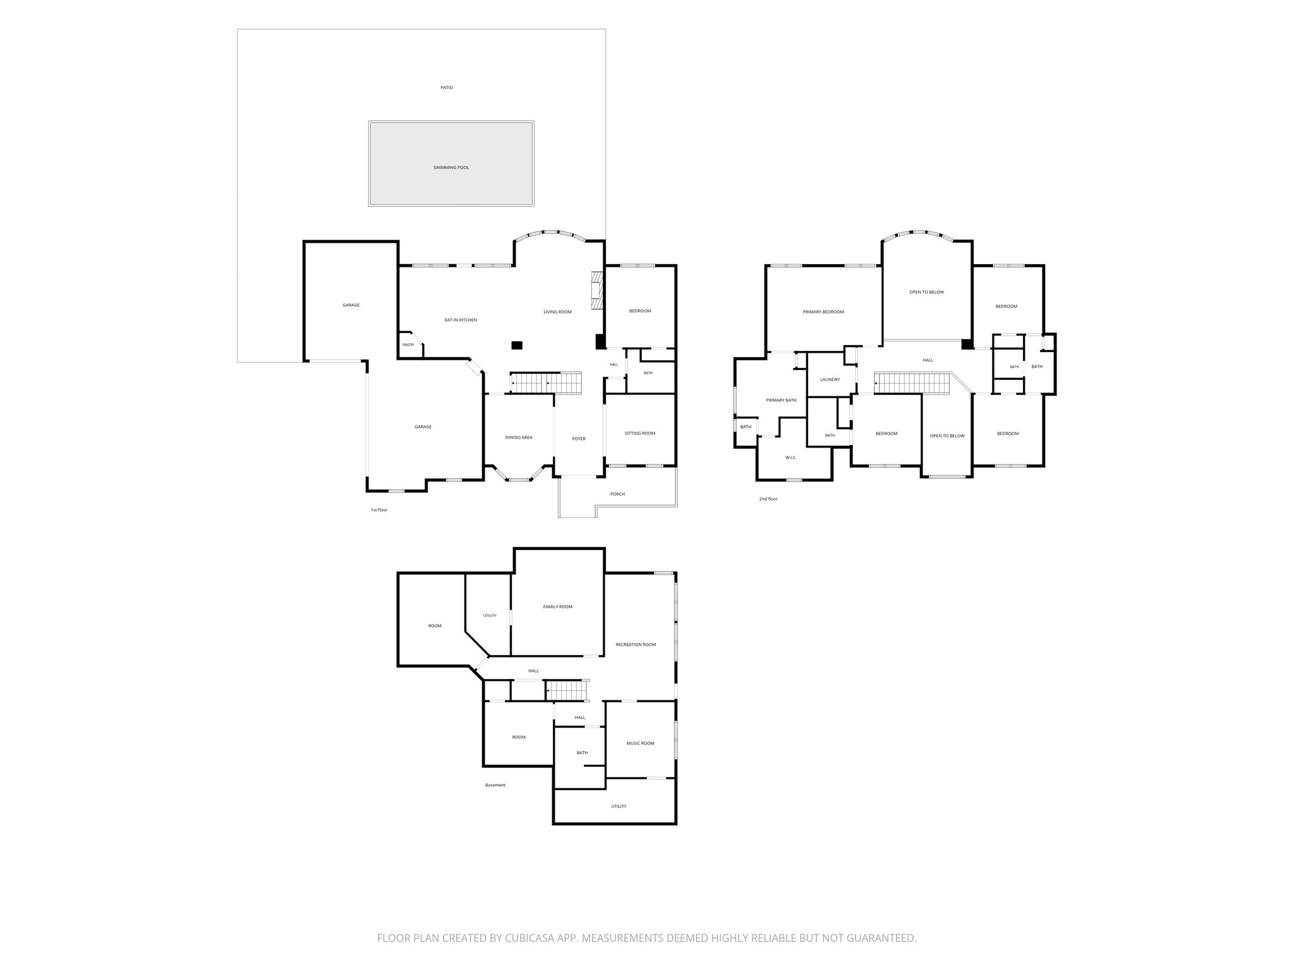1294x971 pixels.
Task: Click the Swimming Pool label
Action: pos(451,168)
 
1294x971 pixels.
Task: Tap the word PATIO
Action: pos(447,88)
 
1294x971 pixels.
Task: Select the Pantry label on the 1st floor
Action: pos(408,345)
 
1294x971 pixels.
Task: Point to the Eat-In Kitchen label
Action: pos(461,320)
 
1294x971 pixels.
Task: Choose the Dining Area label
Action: pos(519,437)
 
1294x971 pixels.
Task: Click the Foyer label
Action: pos(579,439)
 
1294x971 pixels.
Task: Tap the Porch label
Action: pos(617,494)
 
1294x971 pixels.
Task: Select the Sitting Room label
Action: pos(640,433)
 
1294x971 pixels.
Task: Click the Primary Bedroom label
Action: pos(823,312)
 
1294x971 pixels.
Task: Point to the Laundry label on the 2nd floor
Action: pos(830,379)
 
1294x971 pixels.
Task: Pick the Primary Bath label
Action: pos(782,400)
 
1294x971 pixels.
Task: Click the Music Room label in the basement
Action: pos(640,743)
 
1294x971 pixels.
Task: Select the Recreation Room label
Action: pos(636,645)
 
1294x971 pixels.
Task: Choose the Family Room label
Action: pos(558,607)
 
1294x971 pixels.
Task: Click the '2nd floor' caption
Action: pos(768,499)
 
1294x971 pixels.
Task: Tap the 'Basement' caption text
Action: pos(495,785)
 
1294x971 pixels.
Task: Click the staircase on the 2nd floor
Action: pos(913,383)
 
